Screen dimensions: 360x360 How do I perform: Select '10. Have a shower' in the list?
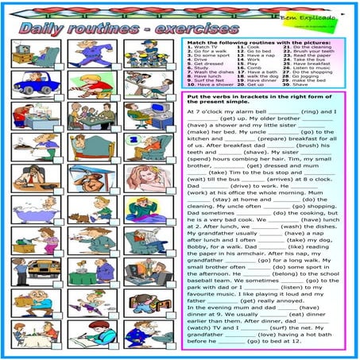[203, 83]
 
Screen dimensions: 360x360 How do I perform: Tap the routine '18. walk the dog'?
[256, 75]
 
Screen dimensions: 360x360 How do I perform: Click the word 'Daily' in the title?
[43, 29]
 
